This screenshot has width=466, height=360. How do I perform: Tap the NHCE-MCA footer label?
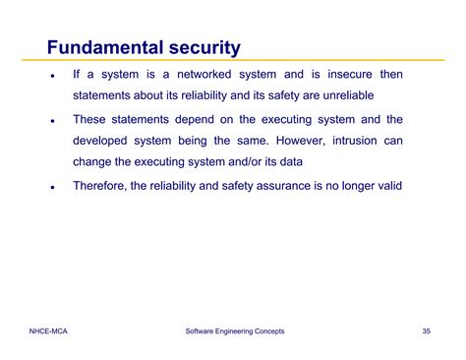click(x=48, y=331)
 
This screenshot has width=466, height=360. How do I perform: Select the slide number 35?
click(x=426, y=331)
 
